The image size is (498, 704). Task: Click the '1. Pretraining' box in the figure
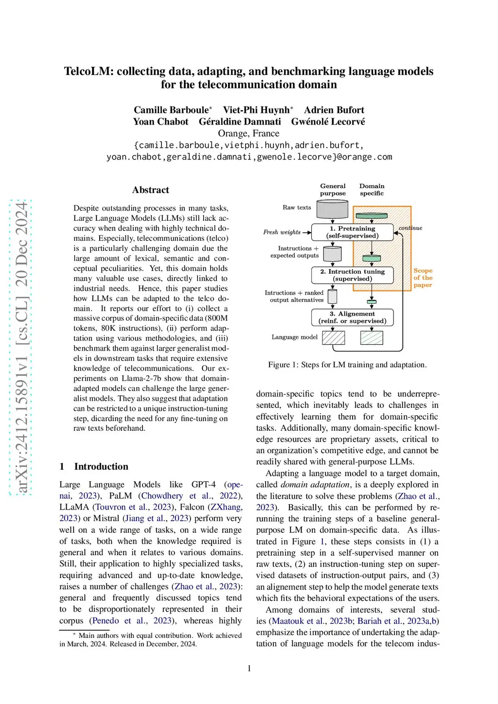tap(352, 232)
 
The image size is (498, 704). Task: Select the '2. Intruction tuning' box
tap(352, 275)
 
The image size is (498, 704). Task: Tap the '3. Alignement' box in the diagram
tap(352, 317)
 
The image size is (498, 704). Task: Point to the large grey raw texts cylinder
tap(332, 209)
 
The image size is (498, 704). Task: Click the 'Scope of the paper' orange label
tap(423, 278)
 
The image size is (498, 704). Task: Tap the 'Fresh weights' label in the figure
tap(282, 232)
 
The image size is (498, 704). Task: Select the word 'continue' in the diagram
tap(410, 228)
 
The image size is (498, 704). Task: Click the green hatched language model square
tap(372, 338)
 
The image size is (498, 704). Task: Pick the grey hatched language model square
tap(334, 338)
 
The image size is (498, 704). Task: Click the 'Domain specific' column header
tap(372, 190)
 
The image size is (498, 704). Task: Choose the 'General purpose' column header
tap(333, 190)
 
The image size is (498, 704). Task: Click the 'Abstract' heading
tap(151, 190)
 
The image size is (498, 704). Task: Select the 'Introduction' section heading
tap(101, 467)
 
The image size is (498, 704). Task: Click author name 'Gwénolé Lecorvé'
tap(328, 122)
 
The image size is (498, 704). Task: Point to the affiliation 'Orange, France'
tap(249, 134)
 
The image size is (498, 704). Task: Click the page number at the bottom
tap(249, 669)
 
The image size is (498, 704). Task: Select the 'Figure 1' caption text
tap(347, 365)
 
